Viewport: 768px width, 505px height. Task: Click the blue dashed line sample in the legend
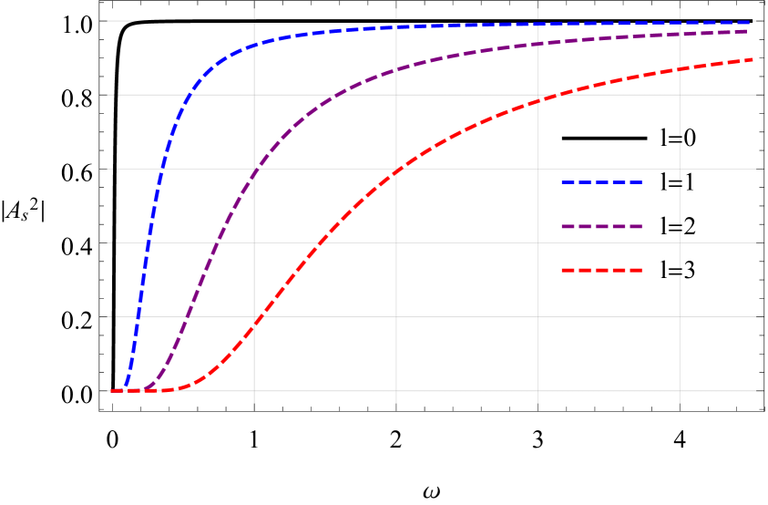(601, 182)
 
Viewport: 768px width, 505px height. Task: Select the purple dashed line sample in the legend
(601, 226)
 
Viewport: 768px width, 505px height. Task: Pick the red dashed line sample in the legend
(601, 270)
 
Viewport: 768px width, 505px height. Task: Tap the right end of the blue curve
(755, 23)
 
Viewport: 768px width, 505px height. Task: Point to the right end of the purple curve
(755, 31)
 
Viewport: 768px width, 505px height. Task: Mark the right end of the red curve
(755, 59)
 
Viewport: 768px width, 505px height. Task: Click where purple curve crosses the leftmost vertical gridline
(254, 170)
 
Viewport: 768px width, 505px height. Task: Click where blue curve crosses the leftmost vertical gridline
(254, 44)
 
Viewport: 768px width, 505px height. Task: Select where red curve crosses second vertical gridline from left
(396, 170)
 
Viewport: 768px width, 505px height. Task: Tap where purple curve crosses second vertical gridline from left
(396, 69)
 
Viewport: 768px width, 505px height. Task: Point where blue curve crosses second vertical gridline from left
(396, 27)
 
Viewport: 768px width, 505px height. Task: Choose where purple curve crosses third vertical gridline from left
(538, 43)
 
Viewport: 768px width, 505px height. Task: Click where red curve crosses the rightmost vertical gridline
(680, 69)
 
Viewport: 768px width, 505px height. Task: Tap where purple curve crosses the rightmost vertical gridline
(680, 34)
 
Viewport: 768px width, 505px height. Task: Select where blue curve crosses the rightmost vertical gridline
(680, 24)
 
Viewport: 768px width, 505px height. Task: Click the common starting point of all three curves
(112, 391)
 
